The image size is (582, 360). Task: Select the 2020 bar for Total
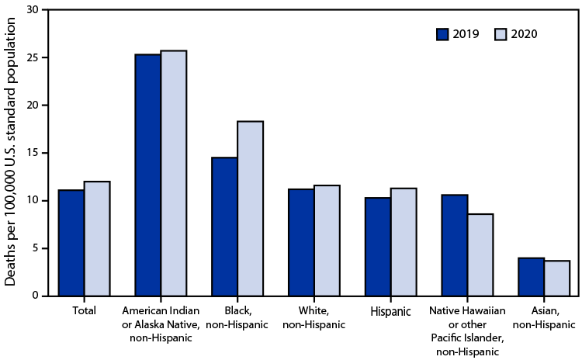coord(97,238)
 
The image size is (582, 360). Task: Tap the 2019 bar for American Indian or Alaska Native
coord(148,175)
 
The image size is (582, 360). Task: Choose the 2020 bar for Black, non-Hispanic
coord(251,209)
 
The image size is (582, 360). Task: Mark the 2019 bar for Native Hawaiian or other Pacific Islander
coord(455,245)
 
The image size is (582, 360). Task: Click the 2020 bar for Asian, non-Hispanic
coord(557,278)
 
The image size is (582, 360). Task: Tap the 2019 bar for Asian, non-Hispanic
coord(532,276)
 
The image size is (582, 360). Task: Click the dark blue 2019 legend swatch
coord(443,34)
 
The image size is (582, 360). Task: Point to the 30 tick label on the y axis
coord(31,10)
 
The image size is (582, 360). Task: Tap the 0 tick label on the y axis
coord(34,296)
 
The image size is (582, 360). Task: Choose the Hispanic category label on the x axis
coord(391,311)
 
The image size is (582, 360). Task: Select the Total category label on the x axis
coord(84,311)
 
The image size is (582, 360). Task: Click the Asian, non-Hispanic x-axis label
coord(544,317)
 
